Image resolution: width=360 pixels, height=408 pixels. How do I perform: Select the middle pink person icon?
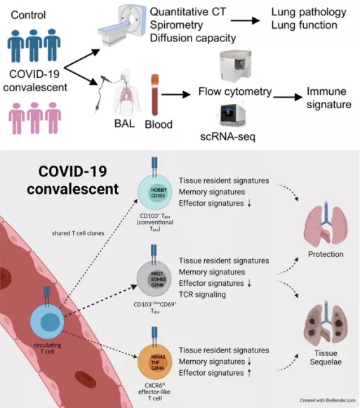tap(34, 117)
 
